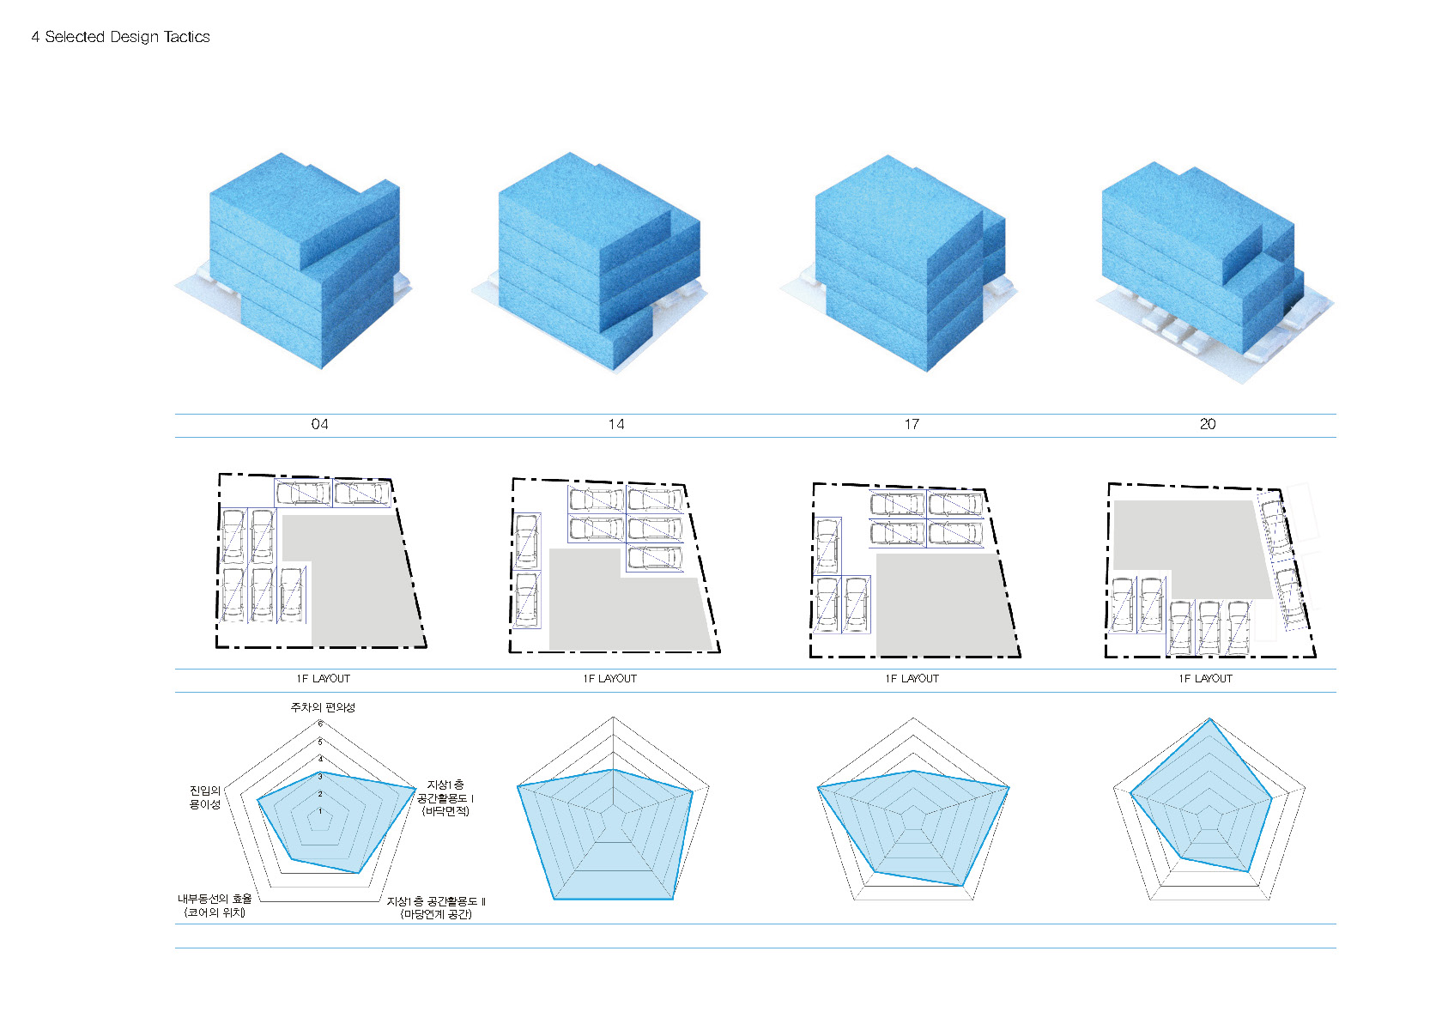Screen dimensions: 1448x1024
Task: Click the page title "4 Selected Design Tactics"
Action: click(x=120, y=37)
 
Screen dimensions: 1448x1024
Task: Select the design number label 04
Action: click(x=319, y=424)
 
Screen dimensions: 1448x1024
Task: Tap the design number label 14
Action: click(x=615, y=424)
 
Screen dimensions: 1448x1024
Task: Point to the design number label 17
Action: click(x=912, y=424)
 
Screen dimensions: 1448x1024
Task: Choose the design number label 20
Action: click(x=1208, y=424)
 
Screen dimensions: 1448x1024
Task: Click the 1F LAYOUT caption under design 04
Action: click(x=323, y=679)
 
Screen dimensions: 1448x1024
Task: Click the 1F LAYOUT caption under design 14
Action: click(x=609, y=679)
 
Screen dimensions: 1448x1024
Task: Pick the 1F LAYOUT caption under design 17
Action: click(x=912, y=679)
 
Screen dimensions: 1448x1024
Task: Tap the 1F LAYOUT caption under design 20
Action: click(x=1205, y=679)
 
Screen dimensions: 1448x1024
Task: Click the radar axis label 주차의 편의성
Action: click(x=322, y=707)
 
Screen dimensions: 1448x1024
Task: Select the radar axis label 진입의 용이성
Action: click(x=205, y=797)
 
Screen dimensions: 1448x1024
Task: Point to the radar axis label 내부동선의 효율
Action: click(x=215, y=906)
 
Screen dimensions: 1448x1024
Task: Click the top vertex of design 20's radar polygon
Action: click(x=1209, y=719)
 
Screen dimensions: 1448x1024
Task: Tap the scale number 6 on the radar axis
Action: click(x=320, y=724)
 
